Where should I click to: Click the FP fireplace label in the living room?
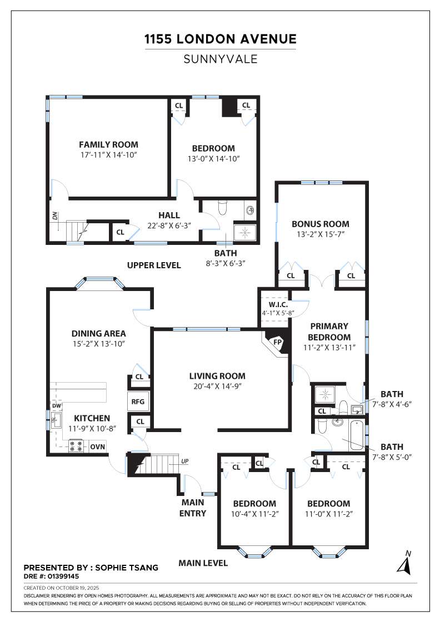[x=277, y=342]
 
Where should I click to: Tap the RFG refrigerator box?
[x=138, y=402]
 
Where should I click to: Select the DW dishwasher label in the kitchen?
[x=57, y=406]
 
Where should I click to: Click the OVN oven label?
[x=98, y=447]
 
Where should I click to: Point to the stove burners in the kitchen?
[x=77, y=447]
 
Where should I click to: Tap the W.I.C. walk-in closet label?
[x=278, y=305]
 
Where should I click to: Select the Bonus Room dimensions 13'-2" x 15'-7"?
[x=321, y=234]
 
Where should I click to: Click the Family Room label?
[x=108, y=144]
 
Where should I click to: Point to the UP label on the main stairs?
[x=184, y=462]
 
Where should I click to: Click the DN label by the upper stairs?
[x=55, y=216]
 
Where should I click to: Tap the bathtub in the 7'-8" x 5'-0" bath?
[x=357, y=435]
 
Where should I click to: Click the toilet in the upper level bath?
[x=223, y=207]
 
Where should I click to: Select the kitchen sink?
[x=56, y=420]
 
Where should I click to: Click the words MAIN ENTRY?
[x=193, y=508]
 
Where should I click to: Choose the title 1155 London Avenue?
[x=220, y=39]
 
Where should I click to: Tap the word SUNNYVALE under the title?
[x=221, y=59]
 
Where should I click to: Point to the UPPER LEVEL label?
[x=154, y=265]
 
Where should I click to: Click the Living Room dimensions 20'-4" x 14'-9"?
[x=217, y=386]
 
